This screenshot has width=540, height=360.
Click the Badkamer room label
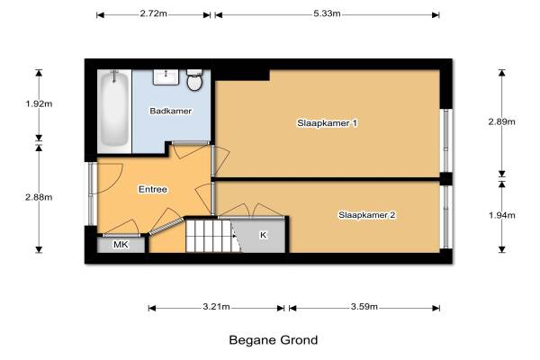170,111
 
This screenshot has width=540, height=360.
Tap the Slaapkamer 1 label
328,123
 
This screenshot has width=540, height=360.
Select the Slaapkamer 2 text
367,215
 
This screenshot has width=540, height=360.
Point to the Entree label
153,189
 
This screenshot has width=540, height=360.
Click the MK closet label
121,245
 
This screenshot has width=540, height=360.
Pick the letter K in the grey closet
263,235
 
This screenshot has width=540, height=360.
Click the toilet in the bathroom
194,80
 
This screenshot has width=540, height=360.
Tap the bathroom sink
166,77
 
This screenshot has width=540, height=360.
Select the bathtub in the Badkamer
114,109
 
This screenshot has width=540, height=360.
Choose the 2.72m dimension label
154,13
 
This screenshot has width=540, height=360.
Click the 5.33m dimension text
327,13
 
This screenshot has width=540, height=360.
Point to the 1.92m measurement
39,103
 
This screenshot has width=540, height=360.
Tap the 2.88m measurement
39,197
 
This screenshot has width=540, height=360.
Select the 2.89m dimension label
502,121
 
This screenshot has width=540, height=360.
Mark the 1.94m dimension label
502,215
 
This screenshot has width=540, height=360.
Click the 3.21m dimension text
216,307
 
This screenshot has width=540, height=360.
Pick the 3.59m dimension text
364,307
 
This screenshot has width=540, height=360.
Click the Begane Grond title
274,340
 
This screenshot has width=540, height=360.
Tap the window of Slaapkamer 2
446,217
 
